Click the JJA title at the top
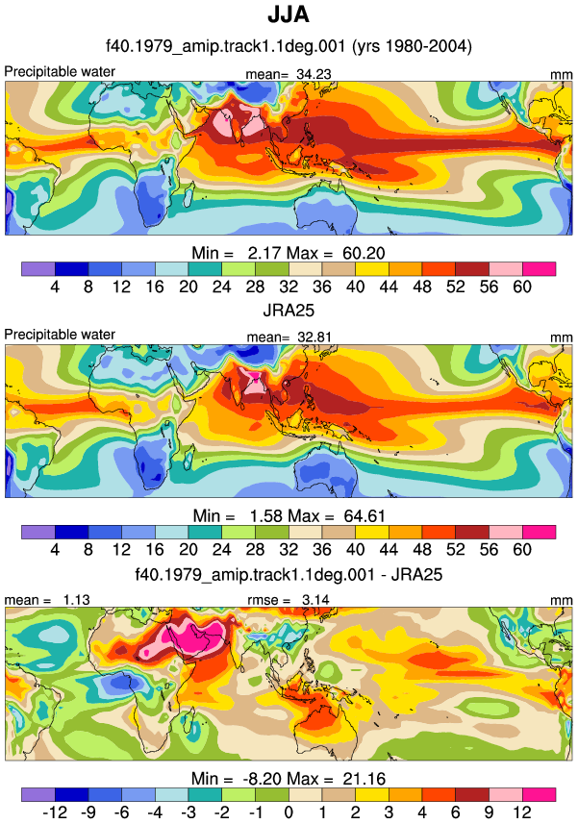click(x=289, y=14)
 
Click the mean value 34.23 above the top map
click(x=314, y=74)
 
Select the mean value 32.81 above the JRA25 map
click(x=314, y=337)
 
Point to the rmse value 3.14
click(x=315, y=600)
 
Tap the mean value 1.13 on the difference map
click(x=77, y=600)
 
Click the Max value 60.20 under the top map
click(x=364, y=253)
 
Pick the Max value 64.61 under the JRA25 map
click(x=364, y=516)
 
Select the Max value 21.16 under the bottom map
click(x=364, y=778)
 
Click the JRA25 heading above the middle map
click(x=289, y=310)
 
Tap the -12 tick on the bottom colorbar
click(x=55, y=812)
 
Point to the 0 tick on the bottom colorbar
click(x=289, y=812)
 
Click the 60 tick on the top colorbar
click(x=522, y=287)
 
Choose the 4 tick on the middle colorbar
click(x=55, y=550)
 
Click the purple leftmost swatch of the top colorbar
click(x=38, y=269)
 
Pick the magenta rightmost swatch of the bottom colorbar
click(x=540, y=794)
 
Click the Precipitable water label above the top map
click(x=60, y=71)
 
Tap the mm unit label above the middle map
click(x=562, y=337)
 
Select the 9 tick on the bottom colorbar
click(x=489, y=812)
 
